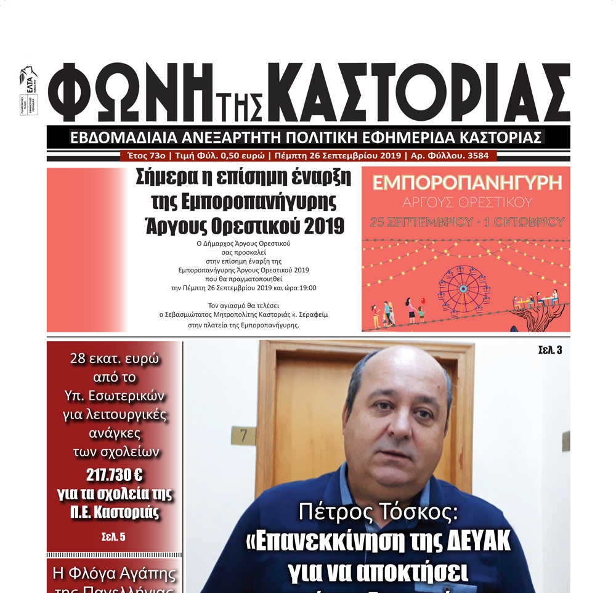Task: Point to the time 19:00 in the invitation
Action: coord(306,288)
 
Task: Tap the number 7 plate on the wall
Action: coord(243,436)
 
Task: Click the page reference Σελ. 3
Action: coord(549,351)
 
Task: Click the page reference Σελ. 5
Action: coord(113,536)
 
